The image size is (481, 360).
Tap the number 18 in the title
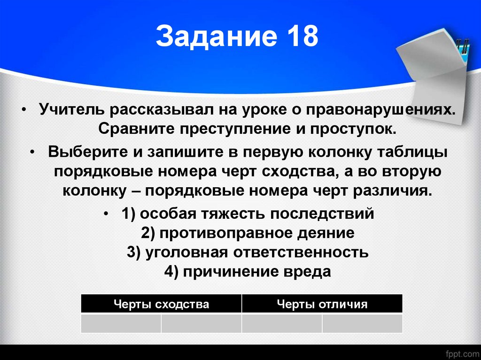click(x=300, y=37)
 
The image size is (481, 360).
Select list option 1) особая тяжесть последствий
click(x=248, y=214)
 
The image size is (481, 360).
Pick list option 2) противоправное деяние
click(x=248, y=233)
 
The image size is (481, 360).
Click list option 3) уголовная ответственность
click(x=248, y=252)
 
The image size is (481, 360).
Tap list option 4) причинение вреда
click(x=248, y=272)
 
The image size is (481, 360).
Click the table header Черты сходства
click(x=161, y=304)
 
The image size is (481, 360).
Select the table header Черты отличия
click(x=322, y=304)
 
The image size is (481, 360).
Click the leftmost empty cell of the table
click(x=121, y=323)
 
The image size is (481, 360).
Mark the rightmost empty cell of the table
click(x=362, y=323)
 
